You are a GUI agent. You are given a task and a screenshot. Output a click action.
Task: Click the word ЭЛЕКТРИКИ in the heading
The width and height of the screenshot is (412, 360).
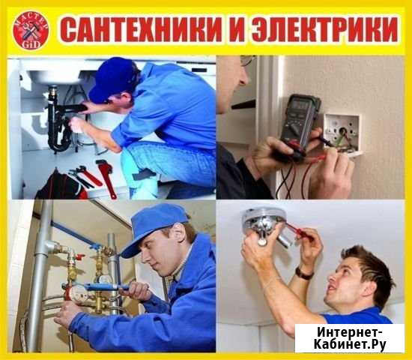click(324, 29)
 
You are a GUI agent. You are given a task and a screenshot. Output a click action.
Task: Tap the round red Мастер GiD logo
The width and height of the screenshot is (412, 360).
click(31, 30)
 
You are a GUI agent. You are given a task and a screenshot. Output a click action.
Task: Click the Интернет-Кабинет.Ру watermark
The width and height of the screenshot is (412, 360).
click(350, 338)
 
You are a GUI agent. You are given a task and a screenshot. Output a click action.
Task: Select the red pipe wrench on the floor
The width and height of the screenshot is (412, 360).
click(106, 178)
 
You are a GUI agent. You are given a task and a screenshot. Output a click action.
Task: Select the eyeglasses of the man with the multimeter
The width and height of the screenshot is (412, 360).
click(247, 60)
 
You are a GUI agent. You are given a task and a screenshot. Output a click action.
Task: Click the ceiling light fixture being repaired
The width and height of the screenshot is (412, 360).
click(264, 223)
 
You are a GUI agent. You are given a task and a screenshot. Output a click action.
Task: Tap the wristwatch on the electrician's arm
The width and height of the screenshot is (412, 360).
click(303, 274)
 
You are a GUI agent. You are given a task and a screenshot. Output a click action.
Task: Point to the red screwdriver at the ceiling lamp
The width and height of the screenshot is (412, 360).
click(300, 231)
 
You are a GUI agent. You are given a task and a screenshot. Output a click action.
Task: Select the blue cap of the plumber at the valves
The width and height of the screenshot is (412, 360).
click(154, 227)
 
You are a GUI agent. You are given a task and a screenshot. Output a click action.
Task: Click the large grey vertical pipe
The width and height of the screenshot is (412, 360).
click(39, 275)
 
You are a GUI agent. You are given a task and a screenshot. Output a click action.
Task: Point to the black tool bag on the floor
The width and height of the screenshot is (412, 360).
click(61, 186)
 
